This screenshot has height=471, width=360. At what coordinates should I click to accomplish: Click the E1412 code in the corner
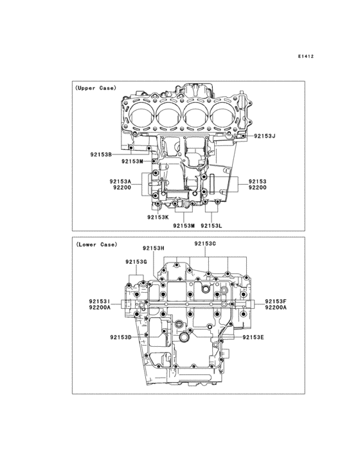[306, 56]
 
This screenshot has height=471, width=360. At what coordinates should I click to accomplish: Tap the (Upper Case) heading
[95, 88]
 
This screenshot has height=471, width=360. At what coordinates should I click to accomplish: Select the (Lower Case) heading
[96, 245]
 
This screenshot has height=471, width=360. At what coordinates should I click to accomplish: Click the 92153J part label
[265, 136]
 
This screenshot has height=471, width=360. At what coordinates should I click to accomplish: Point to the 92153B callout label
[101, 154]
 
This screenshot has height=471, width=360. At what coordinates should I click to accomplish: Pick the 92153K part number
[158, 217]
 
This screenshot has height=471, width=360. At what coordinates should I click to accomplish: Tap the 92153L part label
[212, 226]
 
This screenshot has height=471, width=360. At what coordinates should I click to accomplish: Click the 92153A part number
[120, 181]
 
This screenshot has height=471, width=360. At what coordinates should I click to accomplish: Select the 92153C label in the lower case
[205, 244]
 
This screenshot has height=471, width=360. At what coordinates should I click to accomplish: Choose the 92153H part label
[154, 248]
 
